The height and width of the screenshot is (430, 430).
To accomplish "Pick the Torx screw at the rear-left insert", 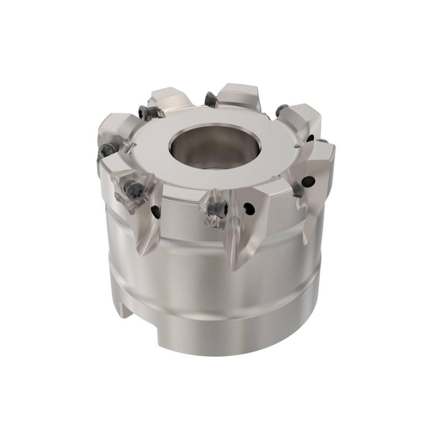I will (x=145, y=112).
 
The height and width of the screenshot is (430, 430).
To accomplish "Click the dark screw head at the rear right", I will (x=279, y=111).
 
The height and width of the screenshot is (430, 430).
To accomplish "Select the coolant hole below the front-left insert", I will (x=155, y=213).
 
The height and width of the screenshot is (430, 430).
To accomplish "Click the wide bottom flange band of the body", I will (x=226, y=322).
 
